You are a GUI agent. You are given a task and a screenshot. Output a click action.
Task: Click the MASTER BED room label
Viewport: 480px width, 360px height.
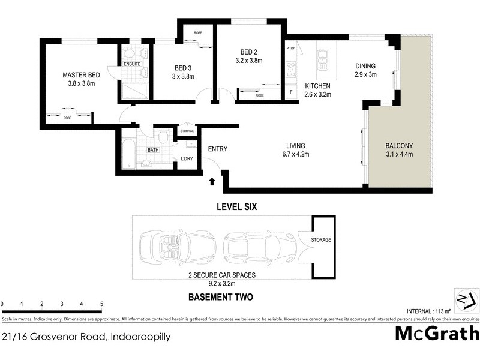pos(82,75)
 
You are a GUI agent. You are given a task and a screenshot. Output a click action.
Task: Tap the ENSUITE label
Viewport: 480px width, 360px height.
pos(132,64)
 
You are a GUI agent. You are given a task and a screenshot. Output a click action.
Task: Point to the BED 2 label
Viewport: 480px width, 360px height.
pos(248,52)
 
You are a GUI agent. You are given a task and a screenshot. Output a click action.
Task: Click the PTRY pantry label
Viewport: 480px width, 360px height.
pos(291,49)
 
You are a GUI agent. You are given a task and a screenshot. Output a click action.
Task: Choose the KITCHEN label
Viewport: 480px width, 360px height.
pos(317,86)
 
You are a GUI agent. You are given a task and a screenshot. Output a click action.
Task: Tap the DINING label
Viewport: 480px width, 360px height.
pos(365,66)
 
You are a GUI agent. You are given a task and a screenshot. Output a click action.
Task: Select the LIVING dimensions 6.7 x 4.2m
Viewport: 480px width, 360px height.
pos(296,154)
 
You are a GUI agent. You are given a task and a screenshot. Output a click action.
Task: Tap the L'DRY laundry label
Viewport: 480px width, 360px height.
pos(187,159)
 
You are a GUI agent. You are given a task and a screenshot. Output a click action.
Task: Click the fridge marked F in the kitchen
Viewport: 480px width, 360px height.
pos(292,92)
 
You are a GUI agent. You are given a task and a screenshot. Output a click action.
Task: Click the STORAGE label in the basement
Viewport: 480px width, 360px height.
pos(321,240)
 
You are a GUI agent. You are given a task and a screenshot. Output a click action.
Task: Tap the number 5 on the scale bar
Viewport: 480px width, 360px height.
pos(101,304)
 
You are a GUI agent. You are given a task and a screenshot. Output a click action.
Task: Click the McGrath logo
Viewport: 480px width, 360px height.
pos(437,333)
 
